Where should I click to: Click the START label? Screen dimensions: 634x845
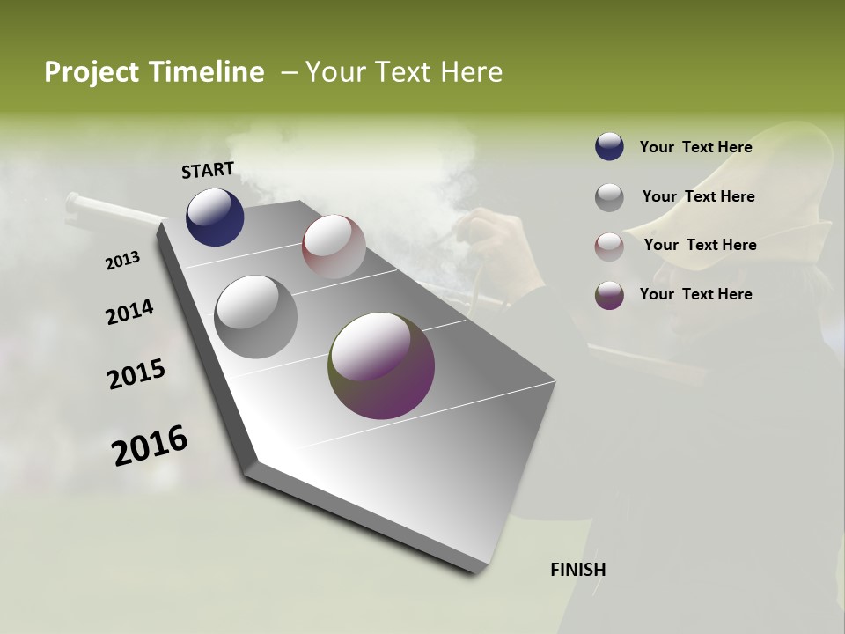tap(208, 170)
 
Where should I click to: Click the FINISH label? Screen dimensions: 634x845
tap(578, 570)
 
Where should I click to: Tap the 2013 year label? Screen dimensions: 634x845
tap(122, 261)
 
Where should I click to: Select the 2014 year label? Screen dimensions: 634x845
tap(130, 313)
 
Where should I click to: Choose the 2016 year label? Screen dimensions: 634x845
tap(151, 445)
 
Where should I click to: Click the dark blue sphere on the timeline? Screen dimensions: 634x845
tap(215, 217)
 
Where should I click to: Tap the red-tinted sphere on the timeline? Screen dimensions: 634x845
tap(334, 247)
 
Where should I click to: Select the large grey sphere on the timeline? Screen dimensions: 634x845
tap(256, 317)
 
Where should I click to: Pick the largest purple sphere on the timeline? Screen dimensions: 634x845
tap(381, 365)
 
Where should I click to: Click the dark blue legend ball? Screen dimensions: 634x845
tap(609, 147)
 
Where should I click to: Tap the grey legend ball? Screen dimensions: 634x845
tap(609, 197)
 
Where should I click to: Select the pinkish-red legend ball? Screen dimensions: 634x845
tap(609, 247)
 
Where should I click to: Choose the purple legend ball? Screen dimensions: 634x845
tap(609, 295)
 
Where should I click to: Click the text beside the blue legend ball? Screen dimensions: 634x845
tap(695, 147)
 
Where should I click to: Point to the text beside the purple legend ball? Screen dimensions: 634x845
tap(695, 294)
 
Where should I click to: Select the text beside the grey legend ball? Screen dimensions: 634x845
tap(698, 196)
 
